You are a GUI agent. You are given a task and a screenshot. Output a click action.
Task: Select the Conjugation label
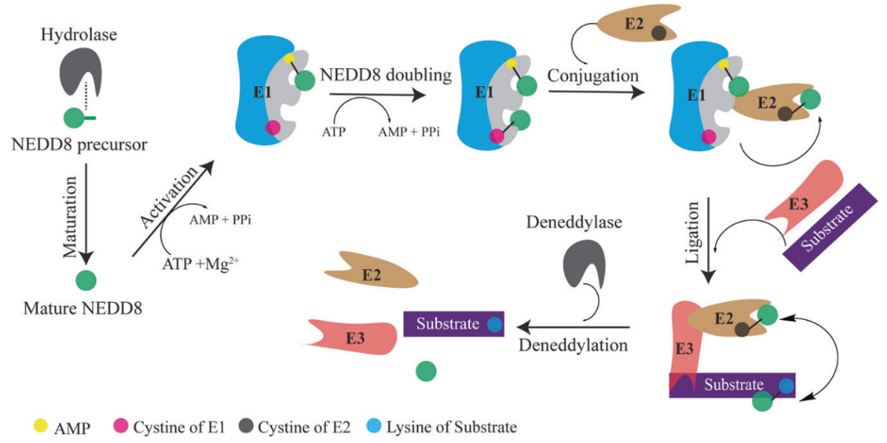593,75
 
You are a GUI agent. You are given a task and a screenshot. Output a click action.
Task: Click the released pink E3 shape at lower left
346,333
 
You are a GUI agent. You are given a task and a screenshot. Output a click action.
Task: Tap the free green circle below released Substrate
425,371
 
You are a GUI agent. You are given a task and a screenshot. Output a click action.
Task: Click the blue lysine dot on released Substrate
494,324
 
